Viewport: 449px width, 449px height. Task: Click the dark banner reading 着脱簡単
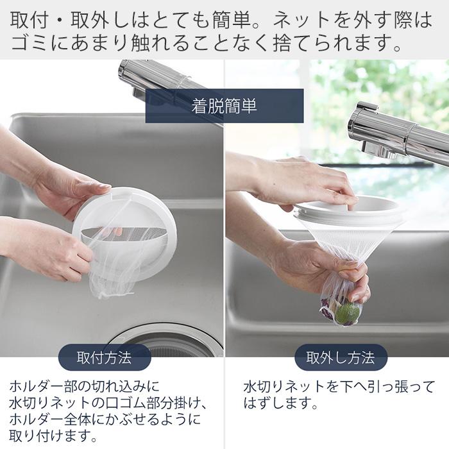tap(224, 106)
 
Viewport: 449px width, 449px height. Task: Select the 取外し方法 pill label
tap(341, 357)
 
